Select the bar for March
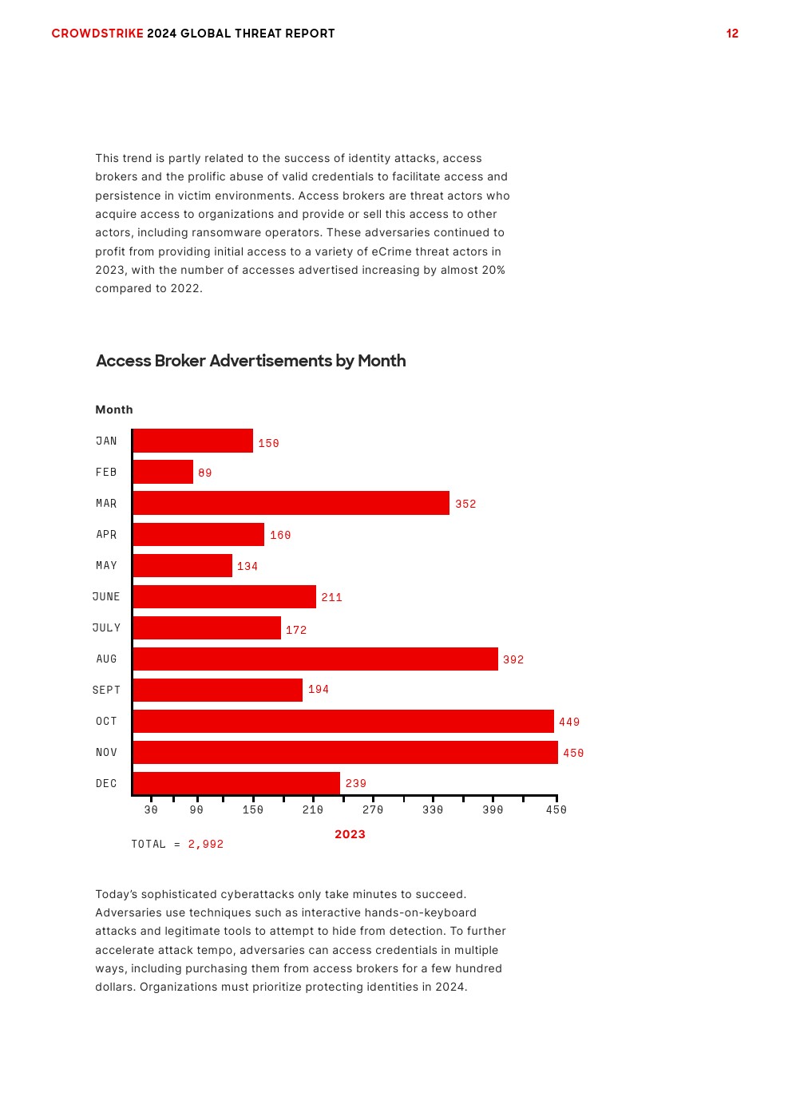coord(291,503)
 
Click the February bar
coord(163,472)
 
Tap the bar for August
coord(315,659)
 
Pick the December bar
coord(236,783)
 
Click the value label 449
coord(569,722)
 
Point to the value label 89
coord(205,473)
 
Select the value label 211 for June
coord(331,597)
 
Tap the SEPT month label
coord(106,690)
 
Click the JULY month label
coord(106,627)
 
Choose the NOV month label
coord(106,752)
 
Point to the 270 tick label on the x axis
coord(373,809)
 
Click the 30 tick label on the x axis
coord(151,809)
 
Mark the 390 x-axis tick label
coord(493,809)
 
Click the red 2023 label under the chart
coord(350,834)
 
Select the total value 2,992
coord(206,844)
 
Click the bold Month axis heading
coord(114,410)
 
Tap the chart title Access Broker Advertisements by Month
coord(251,361)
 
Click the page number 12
coord(732,34)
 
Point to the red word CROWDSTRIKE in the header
coord(97,34)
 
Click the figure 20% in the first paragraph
coord(493,270)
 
